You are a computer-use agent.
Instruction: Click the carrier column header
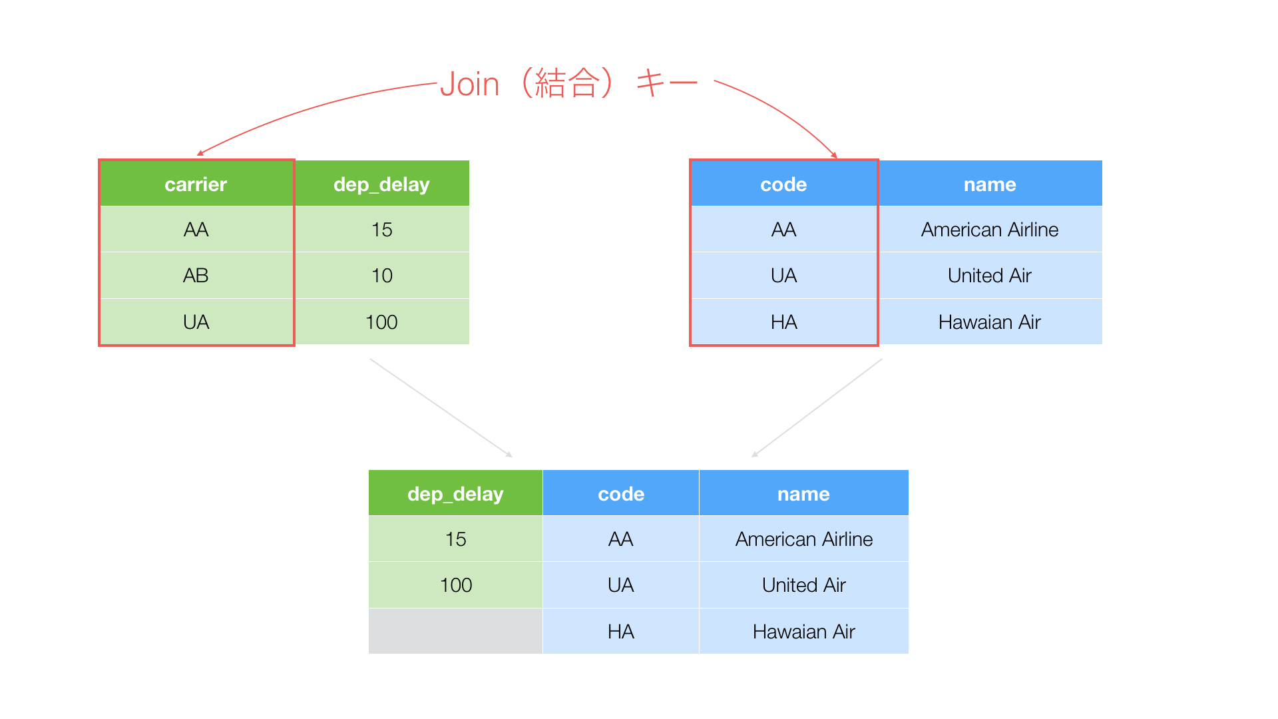(196, 184)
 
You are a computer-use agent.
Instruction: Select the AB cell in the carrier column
(196, 276)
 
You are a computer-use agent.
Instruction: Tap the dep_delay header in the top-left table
(381, 184)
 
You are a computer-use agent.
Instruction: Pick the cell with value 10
(381, 276)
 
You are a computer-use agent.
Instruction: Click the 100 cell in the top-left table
(381, 322)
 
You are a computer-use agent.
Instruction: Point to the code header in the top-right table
(784, 184)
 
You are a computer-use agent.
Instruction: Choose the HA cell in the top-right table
(784, 322)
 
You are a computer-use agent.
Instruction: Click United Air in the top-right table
(990, 276)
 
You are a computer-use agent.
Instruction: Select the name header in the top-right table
(990, 184)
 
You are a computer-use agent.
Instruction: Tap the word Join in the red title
(469, 85)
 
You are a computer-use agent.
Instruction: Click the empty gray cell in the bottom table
(455, 631)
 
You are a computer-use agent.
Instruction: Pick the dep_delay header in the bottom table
(455, 493)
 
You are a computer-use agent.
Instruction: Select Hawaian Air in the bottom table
(804, 631)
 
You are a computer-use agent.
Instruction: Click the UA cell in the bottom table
(621, 585)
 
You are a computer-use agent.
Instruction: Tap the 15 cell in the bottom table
(455, 539)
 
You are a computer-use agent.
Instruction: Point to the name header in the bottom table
(804, 493)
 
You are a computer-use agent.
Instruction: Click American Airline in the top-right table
(990, 230)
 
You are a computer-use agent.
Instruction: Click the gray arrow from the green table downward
(441, 408)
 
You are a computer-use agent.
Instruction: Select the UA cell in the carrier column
(196, 322)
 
